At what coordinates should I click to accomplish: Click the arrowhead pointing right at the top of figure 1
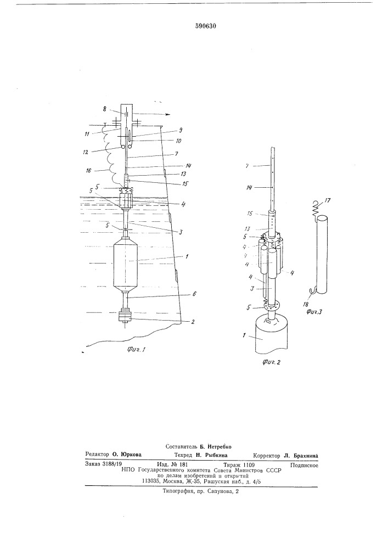[168, 114]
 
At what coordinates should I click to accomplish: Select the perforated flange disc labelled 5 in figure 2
[271, 305]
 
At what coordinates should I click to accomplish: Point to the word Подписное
[304, 466]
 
